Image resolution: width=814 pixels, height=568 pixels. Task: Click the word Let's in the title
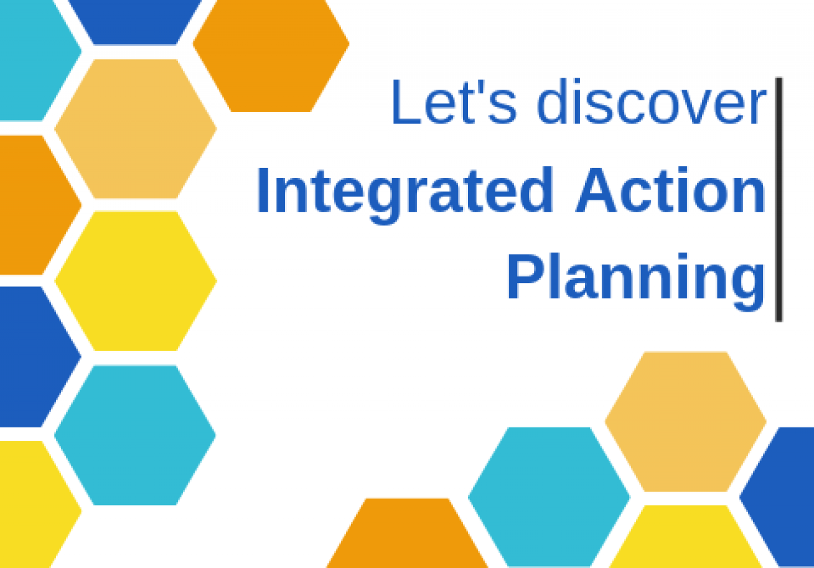[454, 101]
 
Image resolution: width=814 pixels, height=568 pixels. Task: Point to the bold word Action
[670, 190]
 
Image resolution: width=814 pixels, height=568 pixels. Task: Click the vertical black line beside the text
[779, 200]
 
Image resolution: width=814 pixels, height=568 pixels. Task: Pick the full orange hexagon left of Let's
[271, 55]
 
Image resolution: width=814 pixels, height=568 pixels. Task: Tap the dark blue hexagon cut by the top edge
[135, 22]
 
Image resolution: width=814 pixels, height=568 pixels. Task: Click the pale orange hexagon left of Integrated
[135, 129]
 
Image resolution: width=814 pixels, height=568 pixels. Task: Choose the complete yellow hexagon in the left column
[135, 281]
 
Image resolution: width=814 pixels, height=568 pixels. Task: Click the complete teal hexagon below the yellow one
[135, 435]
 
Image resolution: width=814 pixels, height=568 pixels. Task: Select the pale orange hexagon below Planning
[686, 422]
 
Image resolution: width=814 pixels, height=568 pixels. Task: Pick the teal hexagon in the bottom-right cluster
[549, 497]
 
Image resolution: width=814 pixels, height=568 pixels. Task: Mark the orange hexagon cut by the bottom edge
[407, 533]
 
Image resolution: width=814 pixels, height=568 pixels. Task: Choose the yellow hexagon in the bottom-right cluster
[686, 536]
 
